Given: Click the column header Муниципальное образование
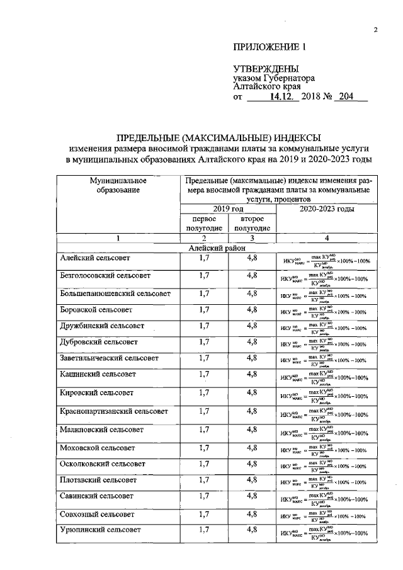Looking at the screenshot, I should pos(118,185).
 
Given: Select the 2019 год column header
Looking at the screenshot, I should pos(229,208).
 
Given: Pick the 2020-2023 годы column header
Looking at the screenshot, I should pos(326,208).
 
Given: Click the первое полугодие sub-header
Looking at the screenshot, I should pos(204,223).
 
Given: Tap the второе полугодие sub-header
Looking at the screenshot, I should pos(252,223).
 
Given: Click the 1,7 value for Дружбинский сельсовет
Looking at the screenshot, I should pos(204,326).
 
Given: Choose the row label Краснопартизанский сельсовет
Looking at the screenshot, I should pos(113,411).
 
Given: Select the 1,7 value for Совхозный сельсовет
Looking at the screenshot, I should pos(204,514).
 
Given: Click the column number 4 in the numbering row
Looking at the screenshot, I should pos(326,238).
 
